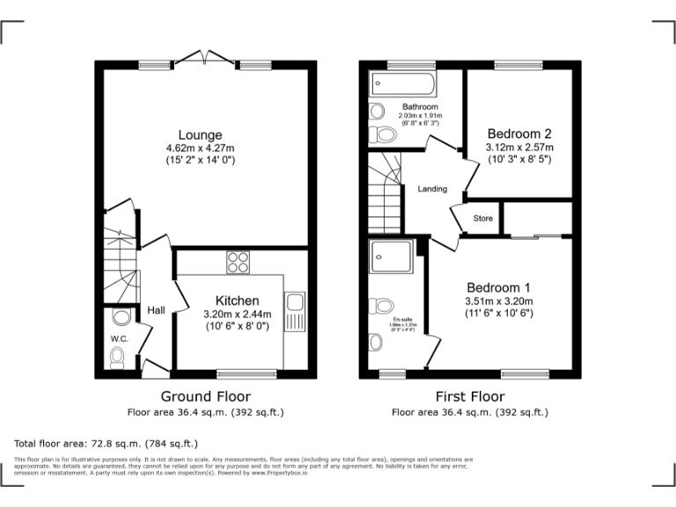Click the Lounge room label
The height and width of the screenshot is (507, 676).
tap(202, 135)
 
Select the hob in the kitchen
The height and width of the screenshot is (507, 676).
tap(238, 262)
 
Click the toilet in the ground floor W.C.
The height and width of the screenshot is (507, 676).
tap(117, 356)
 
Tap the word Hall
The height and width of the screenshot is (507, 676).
tap(156, 310)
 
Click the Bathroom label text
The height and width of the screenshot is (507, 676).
tap(420, 107)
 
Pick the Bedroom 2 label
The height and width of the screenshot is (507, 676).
tap(518, 134)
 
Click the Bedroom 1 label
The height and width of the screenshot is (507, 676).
tap(498, 288)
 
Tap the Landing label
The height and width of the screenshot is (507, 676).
tap(432, 189)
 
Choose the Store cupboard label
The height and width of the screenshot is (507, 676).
tap(483, 218)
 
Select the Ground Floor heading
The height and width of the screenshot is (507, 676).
tap(205, 396)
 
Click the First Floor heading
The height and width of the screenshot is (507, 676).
tap(470, 396)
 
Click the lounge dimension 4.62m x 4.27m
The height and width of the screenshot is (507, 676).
tap(202, 148)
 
